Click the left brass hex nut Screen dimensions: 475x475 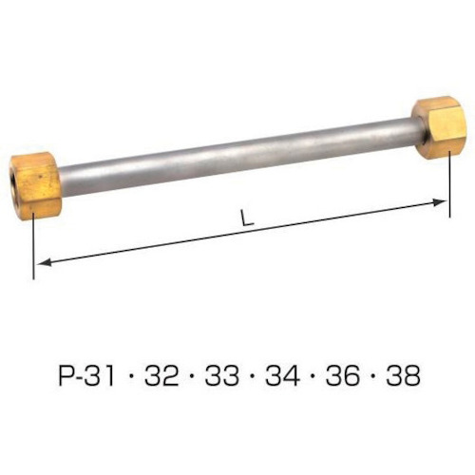pyautogui.click(x=35, y=184)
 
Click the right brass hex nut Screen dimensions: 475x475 pyautogui.click(x=436, y=128)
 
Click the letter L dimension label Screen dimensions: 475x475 pyautogui.click(x=247, y=218)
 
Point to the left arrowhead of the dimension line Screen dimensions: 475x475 pyautogui.click(x=44, y=262)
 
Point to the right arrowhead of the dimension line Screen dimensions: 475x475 pyautogui.click(x=439, y=202)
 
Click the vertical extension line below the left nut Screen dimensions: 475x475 pyautogui.click(x=33, y=246)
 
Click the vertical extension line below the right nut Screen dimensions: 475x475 pyautogui.click(x=449, y=184)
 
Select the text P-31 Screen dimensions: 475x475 pyautogui.click(x=86, y=375)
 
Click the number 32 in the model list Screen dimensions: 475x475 pyautogui.click(x=161, y=375)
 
